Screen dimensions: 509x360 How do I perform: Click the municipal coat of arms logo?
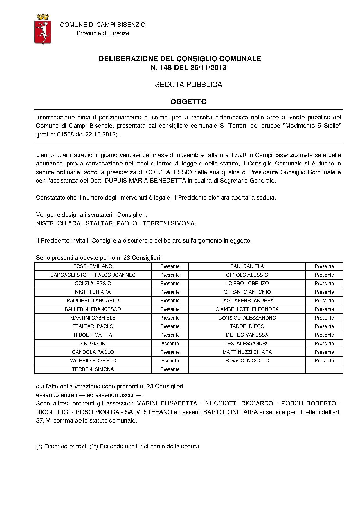coord(43,29)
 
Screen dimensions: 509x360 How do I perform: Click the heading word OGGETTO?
coord(188,102)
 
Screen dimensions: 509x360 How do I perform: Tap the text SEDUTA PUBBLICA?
coord(188,85)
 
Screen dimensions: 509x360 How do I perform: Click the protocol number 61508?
coord(67,135)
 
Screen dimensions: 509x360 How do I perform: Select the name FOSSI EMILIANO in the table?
coord(93,266)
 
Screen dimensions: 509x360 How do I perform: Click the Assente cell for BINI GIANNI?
coord(170,344)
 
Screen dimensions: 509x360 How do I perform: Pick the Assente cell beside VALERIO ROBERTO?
coord(170,361)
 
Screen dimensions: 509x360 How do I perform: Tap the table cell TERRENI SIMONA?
coord(93,369)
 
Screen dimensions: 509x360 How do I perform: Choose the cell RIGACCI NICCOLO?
coord(247,361)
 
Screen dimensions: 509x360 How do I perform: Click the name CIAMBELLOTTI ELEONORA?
coord(247,309)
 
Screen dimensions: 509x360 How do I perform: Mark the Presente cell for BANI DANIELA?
coord(324,266)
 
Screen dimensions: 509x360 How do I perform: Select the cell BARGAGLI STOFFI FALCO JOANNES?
coord(93,275)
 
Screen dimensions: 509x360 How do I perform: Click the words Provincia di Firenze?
coord(103,33)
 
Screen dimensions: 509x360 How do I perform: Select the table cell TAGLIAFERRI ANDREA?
coord(247,301)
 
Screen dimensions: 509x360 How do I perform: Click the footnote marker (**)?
coord(94,447)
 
